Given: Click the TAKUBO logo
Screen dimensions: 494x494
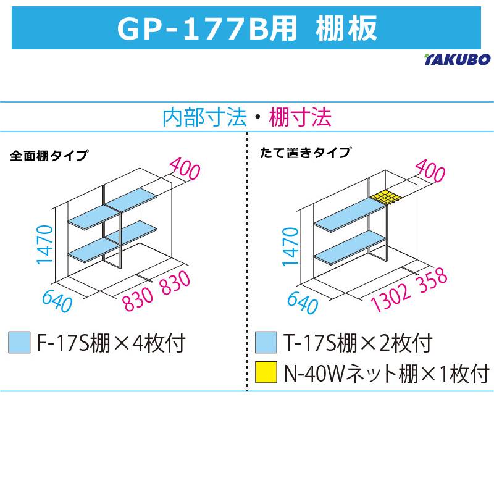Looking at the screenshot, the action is click(x=458, y=59).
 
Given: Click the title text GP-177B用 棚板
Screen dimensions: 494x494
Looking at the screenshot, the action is click(x=248, y=28).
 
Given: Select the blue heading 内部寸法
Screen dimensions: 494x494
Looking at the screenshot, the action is click(x=204, y=117).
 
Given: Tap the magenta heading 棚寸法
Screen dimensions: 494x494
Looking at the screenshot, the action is click(x=300, y=117).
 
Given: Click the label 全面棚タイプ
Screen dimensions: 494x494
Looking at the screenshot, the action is click(x=49, y=156).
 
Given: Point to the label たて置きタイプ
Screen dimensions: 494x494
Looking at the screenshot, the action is click(x=304, y=153).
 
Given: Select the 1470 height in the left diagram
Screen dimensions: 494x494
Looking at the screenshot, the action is click(x=44, y=245).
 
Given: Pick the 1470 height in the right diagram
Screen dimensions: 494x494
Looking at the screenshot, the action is click(x=290, y=247).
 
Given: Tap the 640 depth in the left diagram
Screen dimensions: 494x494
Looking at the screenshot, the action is click(x=57, y=301).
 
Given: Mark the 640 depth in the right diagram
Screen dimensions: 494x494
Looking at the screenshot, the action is click(x=303, y=303).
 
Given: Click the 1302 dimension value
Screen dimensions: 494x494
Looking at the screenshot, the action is click(x=391, y=298).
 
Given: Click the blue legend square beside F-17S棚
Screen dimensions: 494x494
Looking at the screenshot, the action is click(x=19, y=342).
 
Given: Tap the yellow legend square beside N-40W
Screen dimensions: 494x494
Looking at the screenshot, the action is click(x=266, y=372).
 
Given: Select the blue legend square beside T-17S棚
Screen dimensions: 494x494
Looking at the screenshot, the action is click(x=266, y=342).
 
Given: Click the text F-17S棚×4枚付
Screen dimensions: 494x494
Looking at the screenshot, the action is click(x=111, y=343).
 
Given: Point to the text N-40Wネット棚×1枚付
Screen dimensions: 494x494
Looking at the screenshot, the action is click(x=387, y=373).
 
